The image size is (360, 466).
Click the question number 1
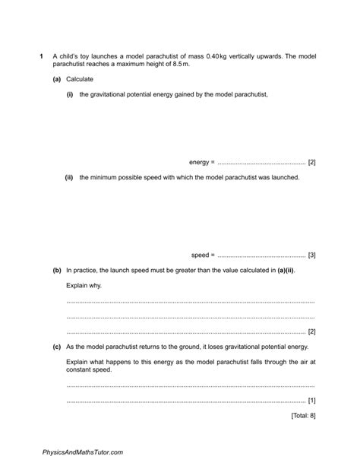click(x=40, y=56)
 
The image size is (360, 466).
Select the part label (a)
click(x=57, y=79)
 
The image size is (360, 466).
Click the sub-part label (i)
click(x=70, y=94)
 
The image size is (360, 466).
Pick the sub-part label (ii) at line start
click(x=69, y=177)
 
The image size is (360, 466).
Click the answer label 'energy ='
click(x=202, y=162)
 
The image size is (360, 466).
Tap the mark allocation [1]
click(x=311, y=400)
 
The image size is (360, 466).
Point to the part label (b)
click(x=57, y=270)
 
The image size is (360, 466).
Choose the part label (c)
click(x=57, y=346)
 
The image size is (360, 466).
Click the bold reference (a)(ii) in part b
click(x=282, y=270)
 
